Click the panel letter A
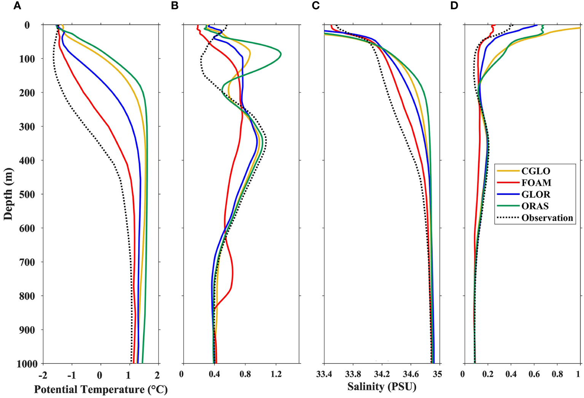coord(17,6)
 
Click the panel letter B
coord(175,6)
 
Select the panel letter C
coord(316,6)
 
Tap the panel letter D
coord(454,6)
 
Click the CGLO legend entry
coord(536,171)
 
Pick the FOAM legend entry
coord(536,183)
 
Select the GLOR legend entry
coord(536,195)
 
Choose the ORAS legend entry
coord(535,206)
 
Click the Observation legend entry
coord(547,218)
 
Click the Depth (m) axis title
coord(8,194)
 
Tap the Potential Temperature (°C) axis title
coord(101,390)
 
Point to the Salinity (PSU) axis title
coord(382,387)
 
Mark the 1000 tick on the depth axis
coord(27,364)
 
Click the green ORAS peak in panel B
coord(280,53)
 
